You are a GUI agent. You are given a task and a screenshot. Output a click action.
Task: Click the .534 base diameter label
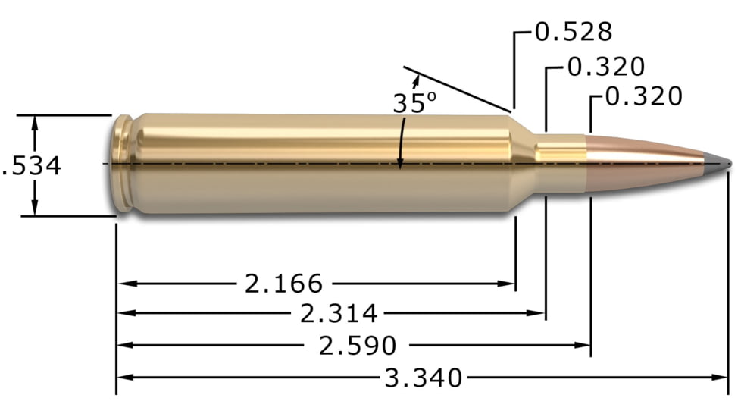tap(32, 166)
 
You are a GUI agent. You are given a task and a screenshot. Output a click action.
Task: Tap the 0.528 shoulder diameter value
tap(574, 32)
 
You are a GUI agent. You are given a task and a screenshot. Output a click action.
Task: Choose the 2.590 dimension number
tap(358, 346)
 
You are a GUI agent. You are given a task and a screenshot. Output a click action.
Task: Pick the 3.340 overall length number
tap(423, 377)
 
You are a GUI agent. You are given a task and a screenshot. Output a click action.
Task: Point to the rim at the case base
tap(120, 163)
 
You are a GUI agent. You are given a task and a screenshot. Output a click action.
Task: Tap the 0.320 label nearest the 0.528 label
tap(605, 67)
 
